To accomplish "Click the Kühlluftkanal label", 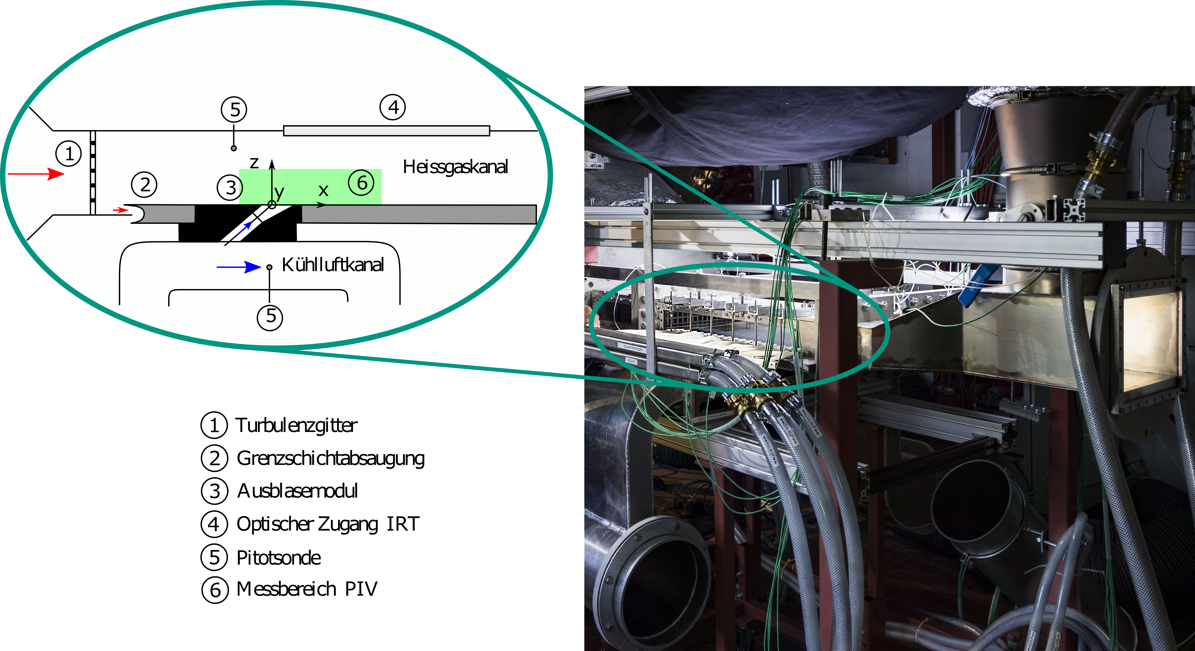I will pyautogui.click(x=333, y=265).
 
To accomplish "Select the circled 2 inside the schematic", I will pyautogui.click(x=144, y=185).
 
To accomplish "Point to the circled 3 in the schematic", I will pyautogui.click(x=230, y=188).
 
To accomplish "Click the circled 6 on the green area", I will pyautogui.click(x=361, y=183).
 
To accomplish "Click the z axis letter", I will pyautogui.click(x=254, y=163).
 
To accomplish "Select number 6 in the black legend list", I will pyautogui.click(x=215, y=590).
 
